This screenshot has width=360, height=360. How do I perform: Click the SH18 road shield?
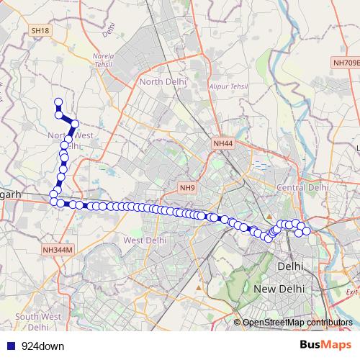40,31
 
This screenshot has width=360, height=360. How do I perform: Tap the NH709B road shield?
346,63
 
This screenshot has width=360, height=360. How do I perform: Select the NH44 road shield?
222,144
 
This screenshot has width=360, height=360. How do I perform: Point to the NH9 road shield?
188,188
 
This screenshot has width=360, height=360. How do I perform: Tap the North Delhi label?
163,82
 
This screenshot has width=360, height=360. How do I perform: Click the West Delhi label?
145,240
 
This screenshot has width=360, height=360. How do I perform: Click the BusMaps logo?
320,346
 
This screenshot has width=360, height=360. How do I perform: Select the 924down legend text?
43,346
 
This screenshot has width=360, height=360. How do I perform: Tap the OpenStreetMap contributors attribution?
297,323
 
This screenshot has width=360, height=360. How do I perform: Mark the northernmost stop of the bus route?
58,102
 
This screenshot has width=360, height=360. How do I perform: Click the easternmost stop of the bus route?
306,230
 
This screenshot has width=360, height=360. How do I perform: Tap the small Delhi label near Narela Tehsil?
109,30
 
